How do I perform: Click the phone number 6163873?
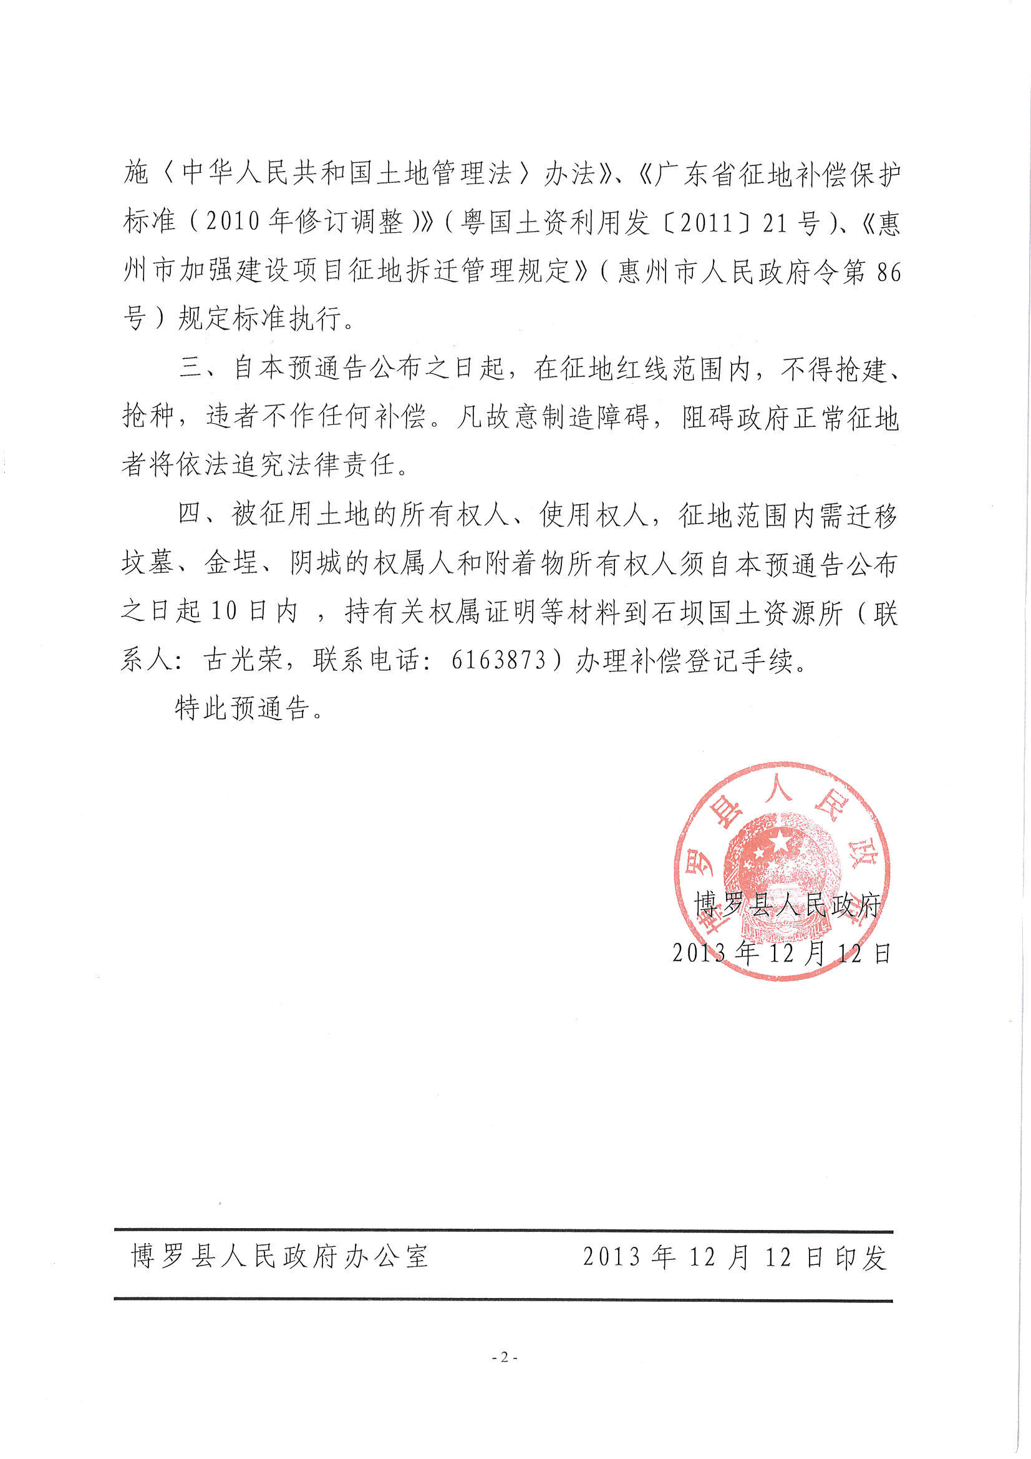point(499,661)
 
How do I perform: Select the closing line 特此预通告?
point(249,708)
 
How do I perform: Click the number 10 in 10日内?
point(224,613)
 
